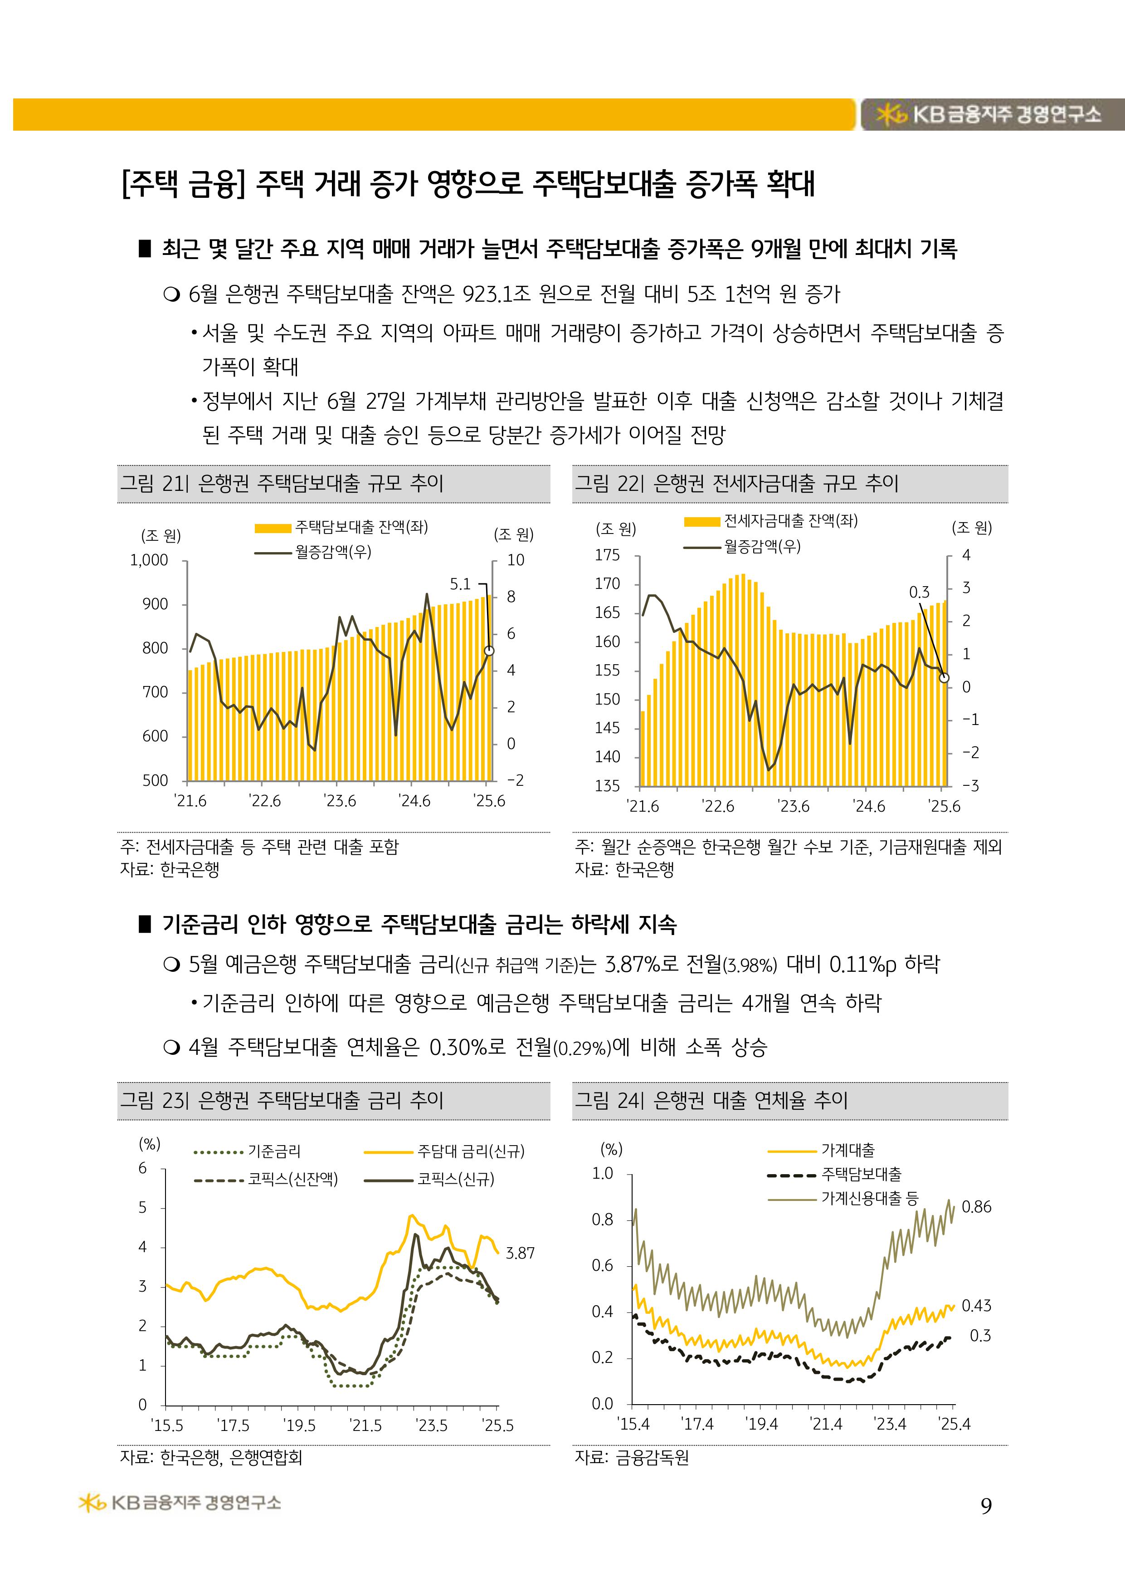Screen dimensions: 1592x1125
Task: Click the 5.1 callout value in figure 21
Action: point(459,584)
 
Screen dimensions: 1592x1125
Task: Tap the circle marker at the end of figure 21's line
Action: point(489,651)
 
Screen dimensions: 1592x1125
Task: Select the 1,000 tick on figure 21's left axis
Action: point(149,560)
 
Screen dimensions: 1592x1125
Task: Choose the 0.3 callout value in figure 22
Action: point(919,592)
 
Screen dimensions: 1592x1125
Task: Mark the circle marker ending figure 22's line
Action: point(944,677)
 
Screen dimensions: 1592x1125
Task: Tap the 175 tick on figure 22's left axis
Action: point(607,555)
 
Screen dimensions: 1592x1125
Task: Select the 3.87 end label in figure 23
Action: point(520,1253)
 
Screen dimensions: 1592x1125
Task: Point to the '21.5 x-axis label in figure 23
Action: point(365,1425)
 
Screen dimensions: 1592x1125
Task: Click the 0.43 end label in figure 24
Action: point(977,1306)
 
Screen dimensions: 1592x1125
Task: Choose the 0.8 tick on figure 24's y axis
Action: point(602,1220)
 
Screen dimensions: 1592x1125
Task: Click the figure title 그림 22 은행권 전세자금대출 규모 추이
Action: point(736,483)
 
